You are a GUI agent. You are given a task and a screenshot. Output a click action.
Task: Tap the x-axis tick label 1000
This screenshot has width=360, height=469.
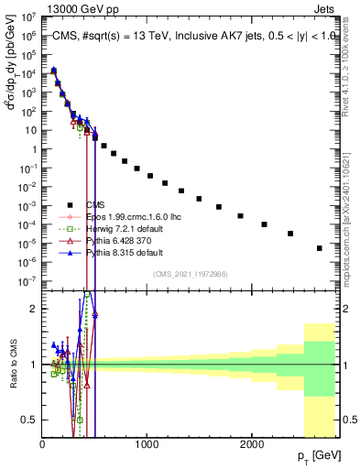coord(147,444)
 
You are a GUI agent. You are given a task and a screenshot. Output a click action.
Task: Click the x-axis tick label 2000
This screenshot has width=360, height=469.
coord(251,444)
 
